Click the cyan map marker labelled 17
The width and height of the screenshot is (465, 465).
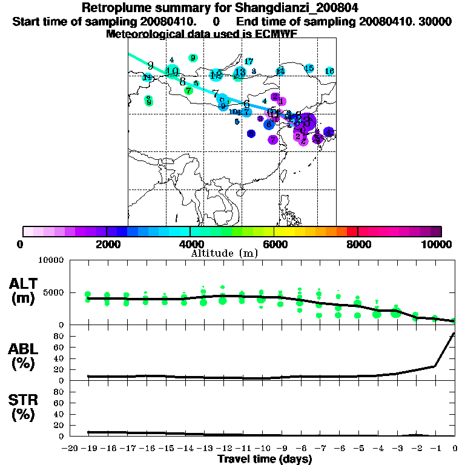[x=248, y=61]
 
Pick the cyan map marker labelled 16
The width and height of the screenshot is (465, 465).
[x=329, y=71]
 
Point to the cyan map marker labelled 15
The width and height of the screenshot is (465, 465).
[x=309, y=68]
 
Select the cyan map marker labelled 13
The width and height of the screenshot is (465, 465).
[x=240, y=73]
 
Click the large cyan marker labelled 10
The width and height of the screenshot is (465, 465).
[x=172, y=71]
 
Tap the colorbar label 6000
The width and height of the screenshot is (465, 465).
[x=274, y=245]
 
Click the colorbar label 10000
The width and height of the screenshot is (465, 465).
[x=440, y=245]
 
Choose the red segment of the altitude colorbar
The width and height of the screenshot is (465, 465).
[x=352, y=231]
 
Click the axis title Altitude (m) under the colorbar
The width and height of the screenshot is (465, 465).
[x=224, y=253]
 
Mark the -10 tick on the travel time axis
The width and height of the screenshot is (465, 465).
[x=262, y=449]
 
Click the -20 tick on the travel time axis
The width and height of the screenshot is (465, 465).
[x=70, y=449]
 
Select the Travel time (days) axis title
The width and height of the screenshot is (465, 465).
[x=265, y=460]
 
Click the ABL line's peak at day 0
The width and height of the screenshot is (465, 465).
[x=454, y=333]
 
